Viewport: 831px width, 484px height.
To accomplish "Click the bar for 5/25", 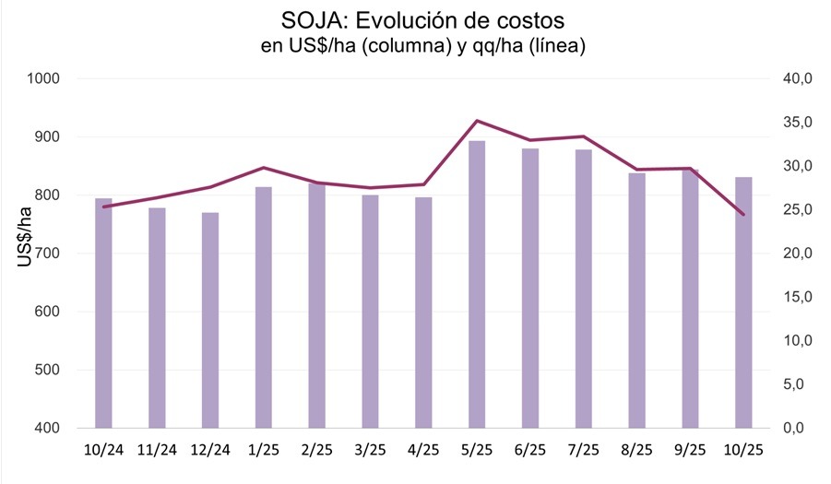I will pyautogui.click(x=477, y=285).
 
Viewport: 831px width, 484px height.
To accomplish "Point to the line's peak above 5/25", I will pyautogui.click(x=477, y=121).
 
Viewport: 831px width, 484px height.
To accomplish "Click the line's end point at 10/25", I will pyautogui.click(x=743, y=215).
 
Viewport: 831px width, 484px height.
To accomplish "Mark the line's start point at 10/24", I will pyautogui.click(x=103, y=207).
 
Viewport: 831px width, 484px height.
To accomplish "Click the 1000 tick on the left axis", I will pyautogui.click(x=44, y=79).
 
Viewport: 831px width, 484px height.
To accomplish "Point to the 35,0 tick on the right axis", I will pyautogui.click(x=797, y=123).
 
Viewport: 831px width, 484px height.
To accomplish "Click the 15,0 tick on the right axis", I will pyautogui.click(x=797, y=298).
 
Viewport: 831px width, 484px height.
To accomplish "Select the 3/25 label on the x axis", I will pyautogui.click(x=370, y=449).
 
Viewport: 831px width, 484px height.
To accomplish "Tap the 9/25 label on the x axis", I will pyautogui.click(x=690, y=449).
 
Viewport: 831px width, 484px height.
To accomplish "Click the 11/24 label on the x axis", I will pyautogui.click(x=157, y=449).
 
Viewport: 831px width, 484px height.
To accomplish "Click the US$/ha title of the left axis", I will pyautogui.click(x=26, y=238).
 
